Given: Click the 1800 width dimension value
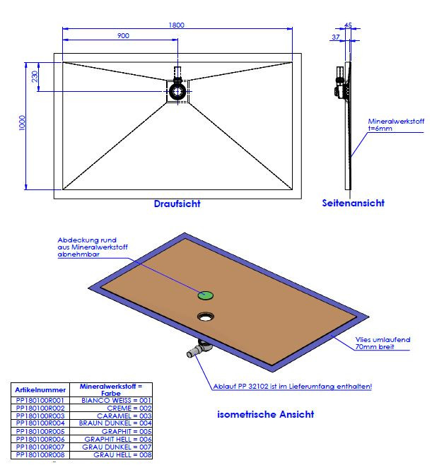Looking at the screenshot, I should coord(177,25).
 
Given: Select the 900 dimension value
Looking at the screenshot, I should coord(122,35).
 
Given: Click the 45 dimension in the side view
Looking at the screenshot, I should coord(348,26).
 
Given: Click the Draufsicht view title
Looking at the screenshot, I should coord(177,204).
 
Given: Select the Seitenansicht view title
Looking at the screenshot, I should coord(354,203).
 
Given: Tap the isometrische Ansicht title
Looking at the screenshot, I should coord(266,414).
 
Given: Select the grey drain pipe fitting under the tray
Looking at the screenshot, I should coord(198,348).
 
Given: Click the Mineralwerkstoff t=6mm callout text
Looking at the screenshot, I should coord(396,125).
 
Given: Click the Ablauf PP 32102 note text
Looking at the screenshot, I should coord(292,387).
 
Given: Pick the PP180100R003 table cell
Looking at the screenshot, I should coord(40,417).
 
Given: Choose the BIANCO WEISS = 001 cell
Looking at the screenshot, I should coord(117,400).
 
